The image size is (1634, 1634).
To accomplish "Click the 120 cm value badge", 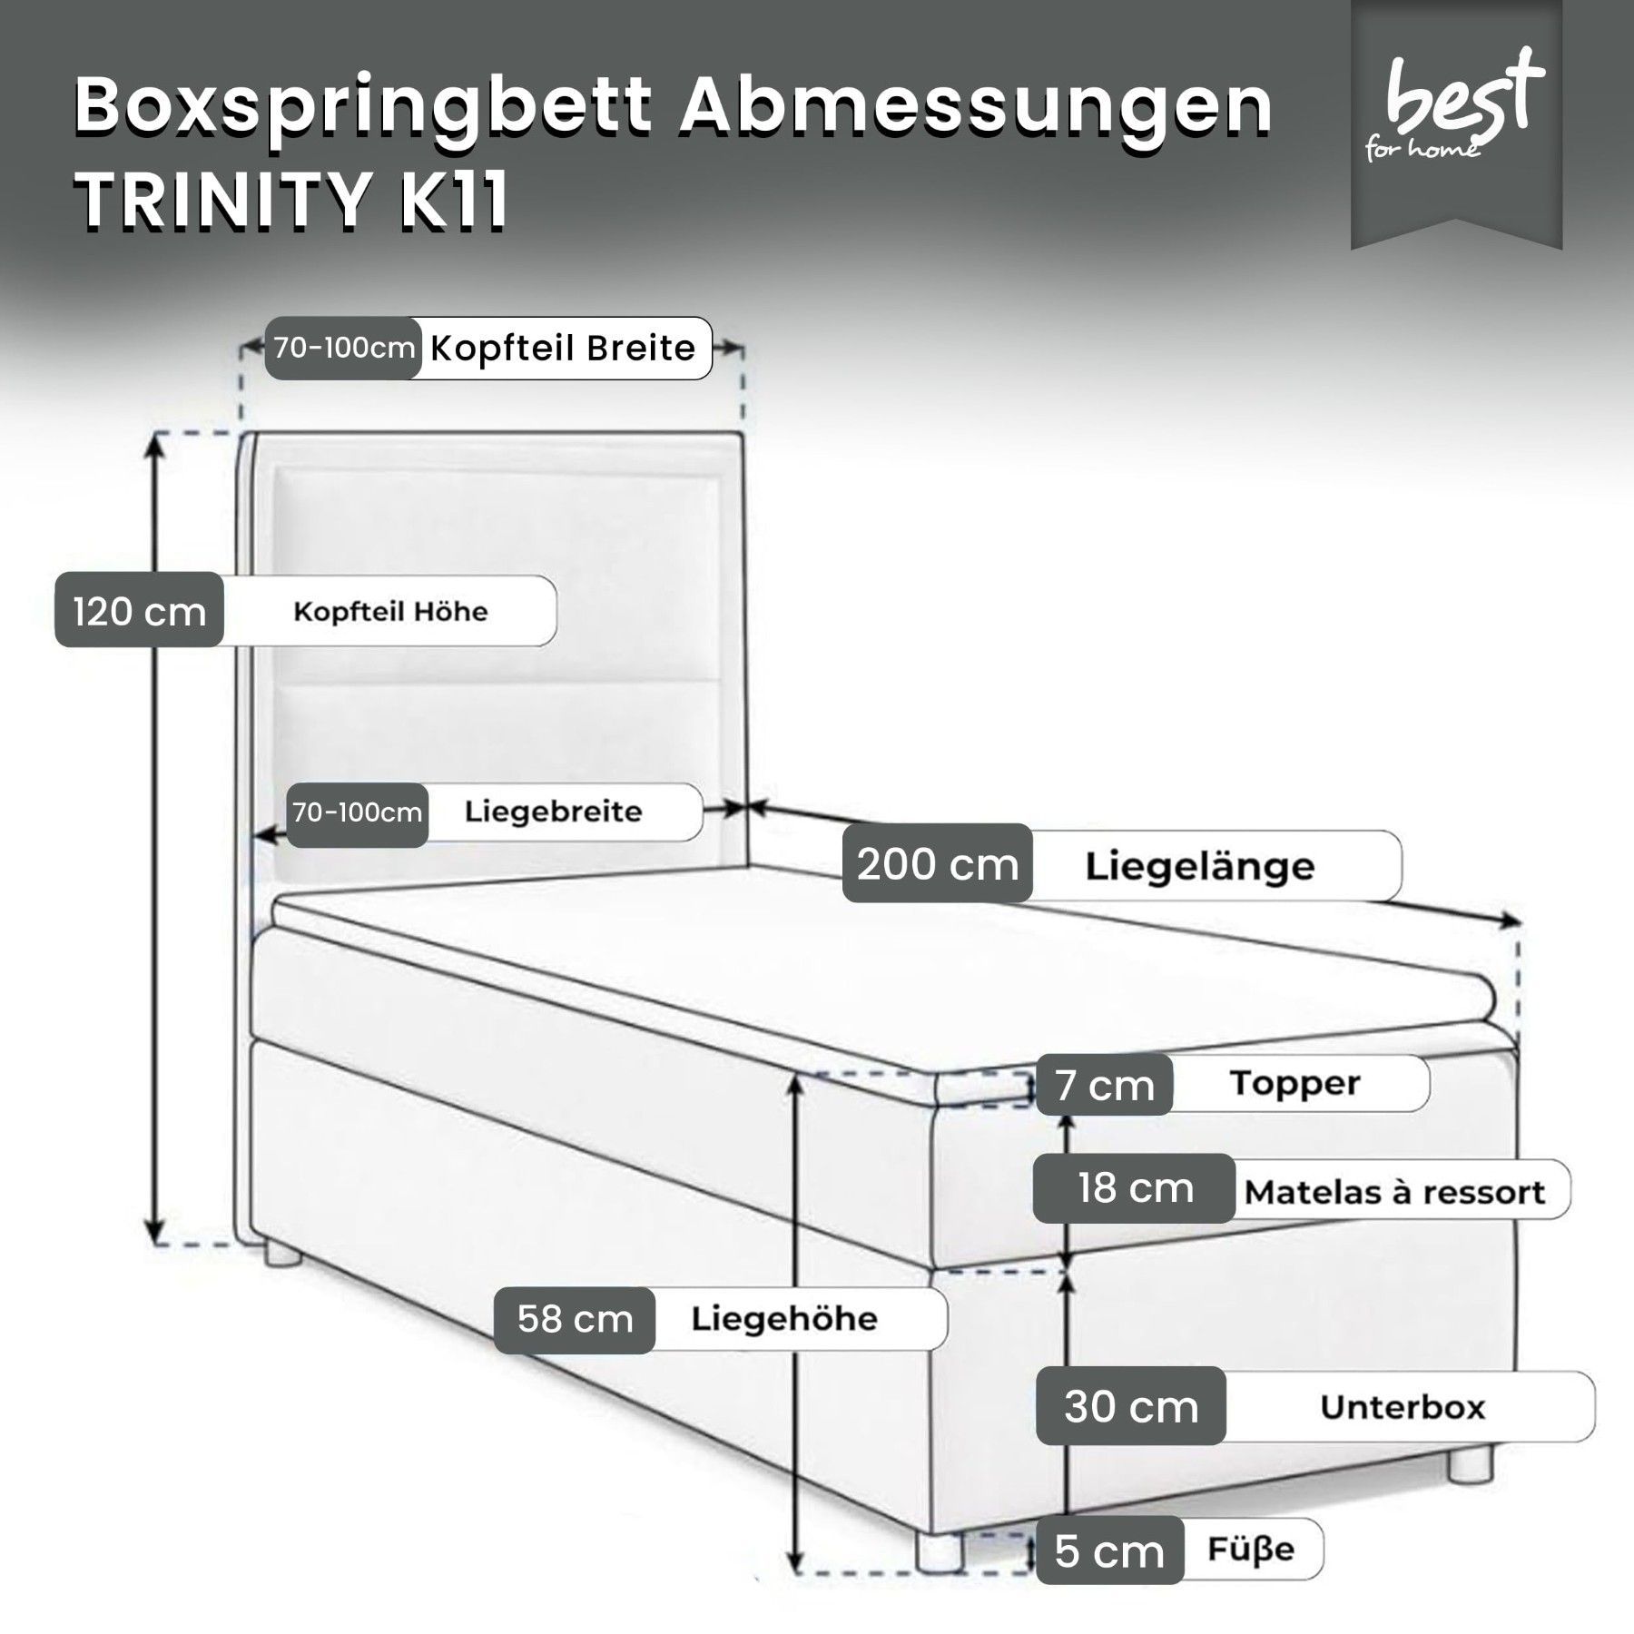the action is tap(140, 609).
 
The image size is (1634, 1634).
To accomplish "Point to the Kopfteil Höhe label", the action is tap(390, 611).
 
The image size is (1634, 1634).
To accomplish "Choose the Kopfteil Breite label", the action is tap(563, 348).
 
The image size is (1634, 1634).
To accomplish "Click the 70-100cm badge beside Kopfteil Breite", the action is tap(344, 348).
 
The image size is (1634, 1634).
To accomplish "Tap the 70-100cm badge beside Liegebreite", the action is tap(358, 812).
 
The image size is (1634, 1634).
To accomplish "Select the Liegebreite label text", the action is tap(553, 811).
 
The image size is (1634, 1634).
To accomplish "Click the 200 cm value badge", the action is tap(938, 863).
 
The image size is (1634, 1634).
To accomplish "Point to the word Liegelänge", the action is tap(1200, 866).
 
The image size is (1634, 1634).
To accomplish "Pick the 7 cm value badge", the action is tap(1104, 1084).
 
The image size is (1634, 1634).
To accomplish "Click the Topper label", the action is tap(1295, 1083).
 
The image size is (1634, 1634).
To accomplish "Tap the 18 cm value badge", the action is tap(1135, 1188).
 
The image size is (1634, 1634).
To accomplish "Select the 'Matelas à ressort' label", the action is tap(1394, 1192).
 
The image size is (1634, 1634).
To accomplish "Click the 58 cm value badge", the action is tap(575, 1320).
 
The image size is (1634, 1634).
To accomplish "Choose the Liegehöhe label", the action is tap(784, 1319).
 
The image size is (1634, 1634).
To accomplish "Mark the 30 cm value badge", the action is tap(1131, 1406).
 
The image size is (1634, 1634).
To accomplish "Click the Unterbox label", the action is tap(1403, 1407).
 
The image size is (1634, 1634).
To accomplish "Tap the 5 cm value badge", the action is tap(1109, 1551).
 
